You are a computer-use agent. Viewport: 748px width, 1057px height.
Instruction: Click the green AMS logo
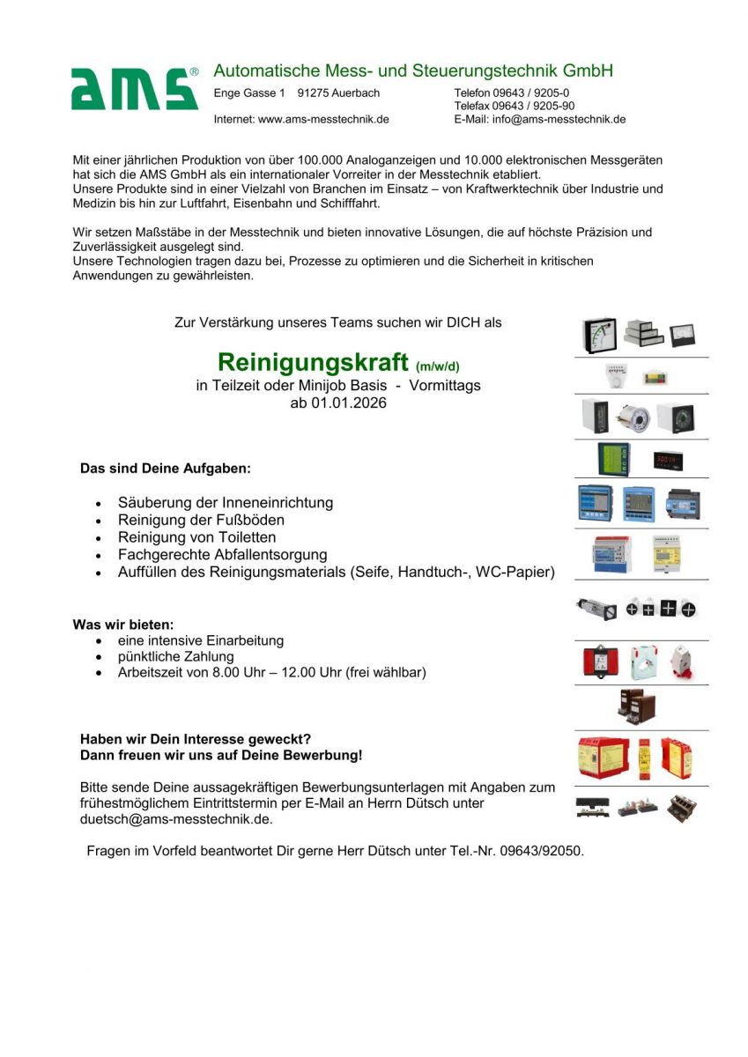[135, 88]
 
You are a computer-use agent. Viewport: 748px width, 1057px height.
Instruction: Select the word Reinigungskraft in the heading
[313, 362]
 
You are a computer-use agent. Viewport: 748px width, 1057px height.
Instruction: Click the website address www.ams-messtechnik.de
[323, 119]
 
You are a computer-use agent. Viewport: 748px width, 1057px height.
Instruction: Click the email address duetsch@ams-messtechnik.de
[175, 819]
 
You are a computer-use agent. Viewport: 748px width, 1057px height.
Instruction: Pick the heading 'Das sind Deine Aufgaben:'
[166, 469]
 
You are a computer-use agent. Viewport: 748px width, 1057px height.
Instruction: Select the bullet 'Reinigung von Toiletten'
[196, 537]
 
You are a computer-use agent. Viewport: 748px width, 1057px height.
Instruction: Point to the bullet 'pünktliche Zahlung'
[176, 656]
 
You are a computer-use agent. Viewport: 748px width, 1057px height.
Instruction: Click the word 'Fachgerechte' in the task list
[164, 555]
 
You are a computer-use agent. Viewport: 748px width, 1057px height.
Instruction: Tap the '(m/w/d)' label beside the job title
[438, 366]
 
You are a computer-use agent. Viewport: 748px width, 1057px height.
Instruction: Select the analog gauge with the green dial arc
[599, 335]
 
